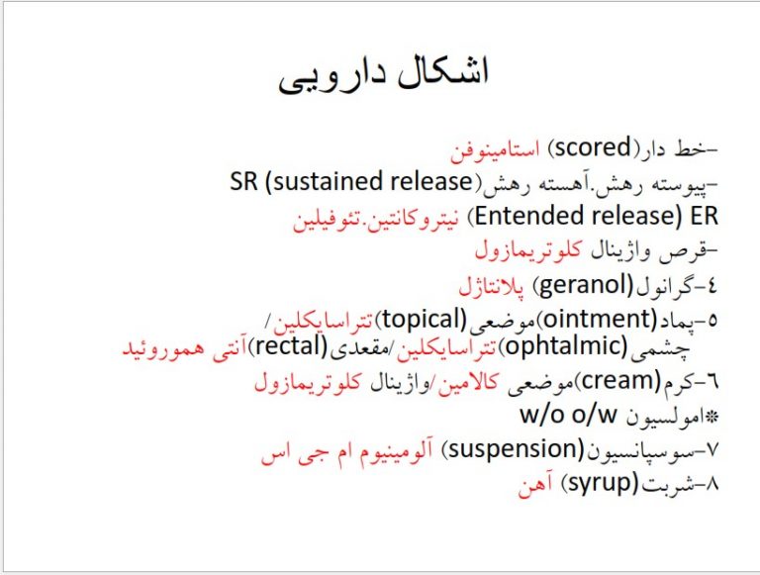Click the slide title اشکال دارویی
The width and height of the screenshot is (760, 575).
point(383,75)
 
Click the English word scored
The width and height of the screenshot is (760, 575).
point(593,147)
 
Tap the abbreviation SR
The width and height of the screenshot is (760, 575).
point(243,182)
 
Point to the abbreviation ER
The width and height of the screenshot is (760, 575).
point(704,216)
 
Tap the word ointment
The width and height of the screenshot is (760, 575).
point(599,319)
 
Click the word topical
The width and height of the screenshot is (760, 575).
point(425,320)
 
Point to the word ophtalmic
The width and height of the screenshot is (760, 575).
point(566,347)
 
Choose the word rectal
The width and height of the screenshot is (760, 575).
point(290,346)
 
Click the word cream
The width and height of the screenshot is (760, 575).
point(620,381)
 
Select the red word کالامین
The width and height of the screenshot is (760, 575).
point(467,383)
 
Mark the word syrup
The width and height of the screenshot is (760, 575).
point(599,483)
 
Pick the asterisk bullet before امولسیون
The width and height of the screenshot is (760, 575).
point(712,417)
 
